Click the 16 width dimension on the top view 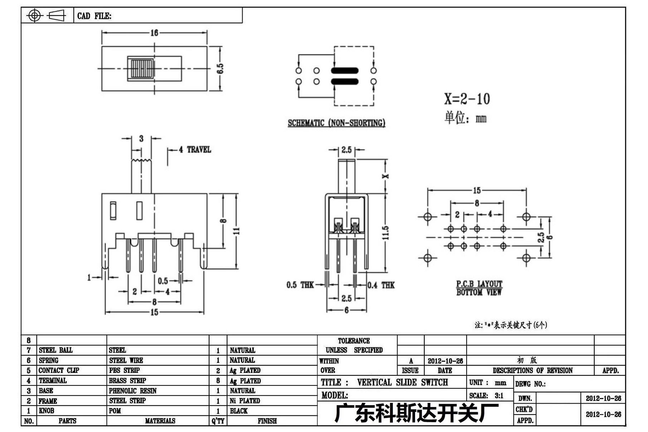coord(154,33)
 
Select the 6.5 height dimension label coord(220,68)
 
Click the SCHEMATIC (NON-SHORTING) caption coord(336,123)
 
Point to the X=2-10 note coord(467,99)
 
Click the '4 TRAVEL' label coord(195,150)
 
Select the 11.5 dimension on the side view coord(385,233)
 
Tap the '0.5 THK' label coord(300,285)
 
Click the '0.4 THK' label coord(381,285)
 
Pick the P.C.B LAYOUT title coord(479,284)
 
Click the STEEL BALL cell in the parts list coord(55,350)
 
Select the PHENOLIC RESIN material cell coord(133,391)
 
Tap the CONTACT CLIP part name coord(59,370)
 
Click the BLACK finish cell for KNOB coord(239,411)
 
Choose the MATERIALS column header coord(160,421)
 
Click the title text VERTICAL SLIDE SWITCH coord(402,382)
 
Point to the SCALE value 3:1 coord(499,395)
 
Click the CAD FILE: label coord(94,16)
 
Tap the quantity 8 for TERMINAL coord(218,381)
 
